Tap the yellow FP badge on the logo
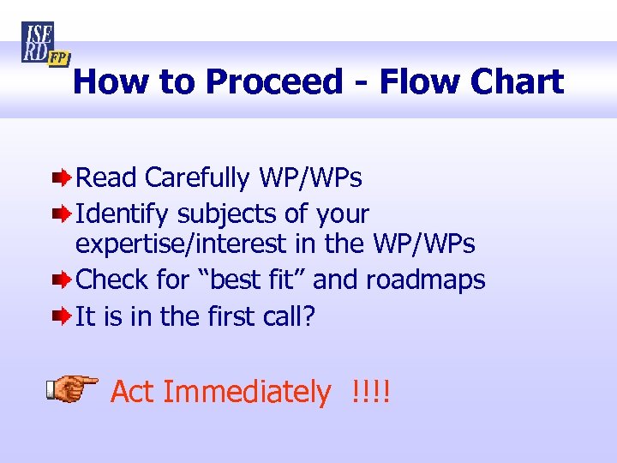(58, 58)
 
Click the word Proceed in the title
(273, 82)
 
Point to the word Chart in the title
(514, 82)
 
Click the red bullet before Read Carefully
(63, 178)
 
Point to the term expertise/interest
(182, 244)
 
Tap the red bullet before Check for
(63, 280)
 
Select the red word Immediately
(247, 392)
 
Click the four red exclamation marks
(370, 392)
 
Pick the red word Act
(133, 392)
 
